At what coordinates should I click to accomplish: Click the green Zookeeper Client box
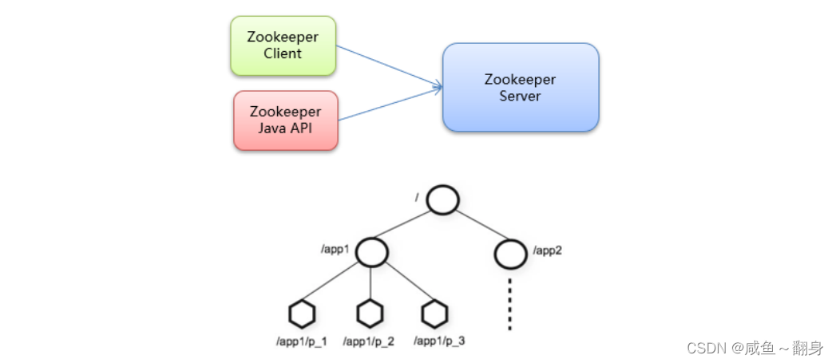click(x=283, y=45)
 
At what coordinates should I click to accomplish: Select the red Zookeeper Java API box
click(x=285, y=120)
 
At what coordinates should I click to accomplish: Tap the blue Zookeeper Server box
click(x=520, y=88)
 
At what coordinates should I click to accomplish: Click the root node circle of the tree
click(x=442, y=199)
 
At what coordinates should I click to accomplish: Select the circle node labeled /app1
click(x=371, y=252)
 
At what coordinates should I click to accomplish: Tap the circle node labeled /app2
click(x=510, y=253)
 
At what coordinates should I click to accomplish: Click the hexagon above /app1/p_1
click(x=303, y=314)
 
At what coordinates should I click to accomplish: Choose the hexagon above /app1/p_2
click(x=370, y=314)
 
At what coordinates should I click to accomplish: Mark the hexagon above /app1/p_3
click(x=434, y=314)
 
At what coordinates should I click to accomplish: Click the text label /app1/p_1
click(x=302, y=341)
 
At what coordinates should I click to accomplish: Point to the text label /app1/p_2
click(x=368, y=341)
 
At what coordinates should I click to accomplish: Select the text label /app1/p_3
click(x=439, y=341)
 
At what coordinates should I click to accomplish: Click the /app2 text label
click(x=549, y=251)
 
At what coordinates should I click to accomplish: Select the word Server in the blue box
click(x=520, y=97)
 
